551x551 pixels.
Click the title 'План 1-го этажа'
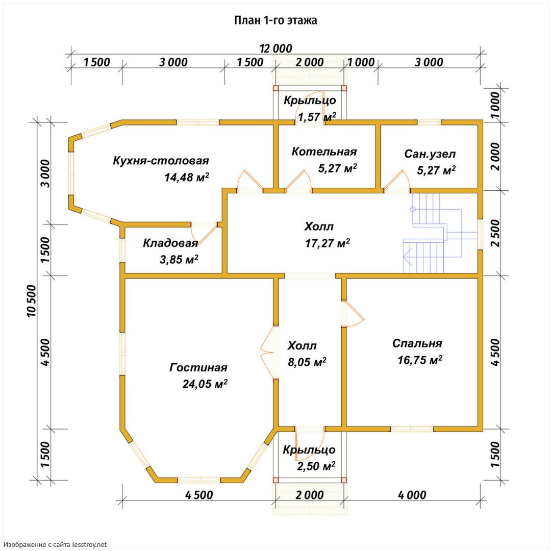point(275,20)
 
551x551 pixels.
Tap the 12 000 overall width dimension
point(275,48)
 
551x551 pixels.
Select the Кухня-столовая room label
point(161,161)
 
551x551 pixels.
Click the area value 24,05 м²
point(205,384)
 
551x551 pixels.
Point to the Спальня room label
point(417,343)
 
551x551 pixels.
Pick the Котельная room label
point(324,152)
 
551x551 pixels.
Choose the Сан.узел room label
point(430,154)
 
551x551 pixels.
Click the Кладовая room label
point(170,243)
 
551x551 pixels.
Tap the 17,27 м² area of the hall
point(328,243)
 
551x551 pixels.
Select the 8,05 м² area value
point(307,362)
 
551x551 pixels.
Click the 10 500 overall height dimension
point(31,301)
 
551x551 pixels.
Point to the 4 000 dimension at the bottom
point(412,495)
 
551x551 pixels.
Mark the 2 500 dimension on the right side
point(495,233)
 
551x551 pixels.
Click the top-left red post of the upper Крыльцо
point(275,88)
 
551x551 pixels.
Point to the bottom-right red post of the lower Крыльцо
point(344,480)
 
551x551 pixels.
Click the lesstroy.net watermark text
point(56,544)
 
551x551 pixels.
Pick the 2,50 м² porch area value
point(316,466)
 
